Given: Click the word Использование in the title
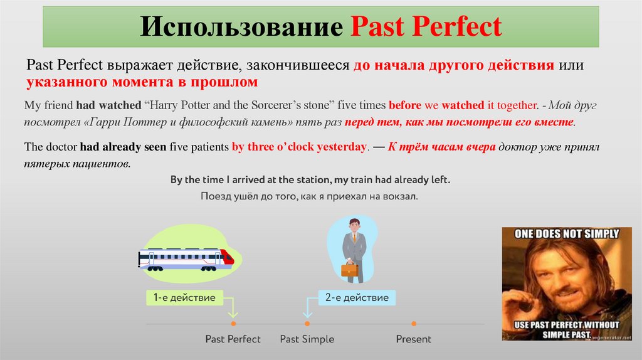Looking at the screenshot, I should (240, 27).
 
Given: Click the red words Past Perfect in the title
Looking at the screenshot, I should (426, 27).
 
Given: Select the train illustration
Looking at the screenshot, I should (186, 258).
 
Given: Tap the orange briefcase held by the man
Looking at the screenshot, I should (349, 270).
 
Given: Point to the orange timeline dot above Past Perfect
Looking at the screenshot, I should (233, 324).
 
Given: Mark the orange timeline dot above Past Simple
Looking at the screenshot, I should (307, 324).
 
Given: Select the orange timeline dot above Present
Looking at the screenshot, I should (414, 324).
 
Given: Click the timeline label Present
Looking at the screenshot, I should (414, 339).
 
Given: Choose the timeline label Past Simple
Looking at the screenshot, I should (307, 339).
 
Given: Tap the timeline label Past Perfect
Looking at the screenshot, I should (233, 339).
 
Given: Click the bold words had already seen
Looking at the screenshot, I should (123, 147).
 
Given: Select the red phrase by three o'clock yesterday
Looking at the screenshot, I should (299, 147).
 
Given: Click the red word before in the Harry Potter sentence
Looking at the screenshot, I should (405, 105).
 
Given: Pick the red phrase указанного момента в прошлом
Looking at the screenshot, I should (142, 82).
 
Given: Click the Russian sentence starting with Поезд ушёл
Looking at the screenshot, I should (309, 196).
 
